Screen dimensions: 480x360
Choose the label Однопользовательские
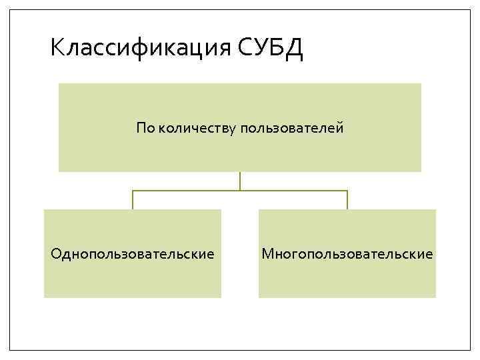(133, 254)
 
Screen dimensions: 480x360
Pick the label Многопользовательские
(347, 254)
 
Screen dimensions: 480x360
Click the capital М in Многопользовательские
(268, 254)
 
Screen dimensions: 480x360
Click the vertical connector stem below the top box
(240, 181)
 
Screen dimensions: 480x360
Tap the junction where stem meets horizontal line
(240, 191)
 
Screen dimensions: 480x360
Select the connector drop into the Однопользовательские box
(133, 200)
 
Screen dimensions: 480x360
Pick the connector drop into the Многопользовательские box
(347, 200)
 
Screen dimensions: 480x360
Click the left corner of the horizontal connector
(133, 191)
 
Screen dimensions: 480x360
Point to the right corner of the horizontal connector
(347, 191)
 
